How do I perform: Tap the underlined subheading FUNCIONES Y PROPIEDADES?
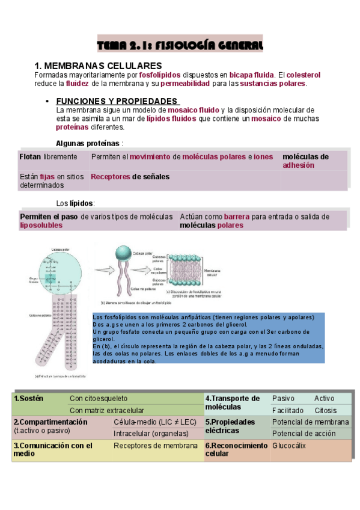117,101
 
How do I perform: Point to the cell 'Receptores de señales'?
130,177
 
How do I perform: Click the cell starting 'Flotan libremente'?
48,157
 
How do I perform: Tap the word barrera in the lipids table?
237,217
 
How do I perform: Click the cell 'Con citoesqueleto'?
99,398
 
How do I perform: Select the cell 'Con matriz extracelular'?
107,410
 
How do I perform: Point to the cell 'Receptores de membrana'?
156,446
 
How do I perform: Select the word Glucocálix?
289,446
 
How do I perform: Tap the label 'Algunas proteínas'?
89,143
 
